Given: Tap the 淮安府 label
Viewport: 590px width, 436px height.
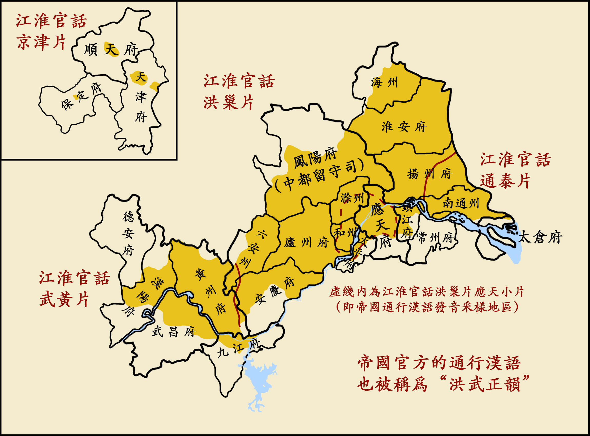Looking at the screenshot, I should tap(404, 127).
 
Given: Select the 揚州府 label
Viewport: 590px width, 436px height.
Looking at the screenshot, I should tap(429, 174).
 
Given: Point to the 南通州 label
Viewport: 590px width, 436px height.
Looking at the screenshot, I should tap(461, 203).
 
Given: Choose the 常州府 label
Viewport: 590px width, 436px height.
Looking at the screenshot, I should tap(435, 238).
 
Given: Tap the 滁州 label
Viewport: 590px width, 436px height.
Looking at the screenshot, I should tap(352, 198).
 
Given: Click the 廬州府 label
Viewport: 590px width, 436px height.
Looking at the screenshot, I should tap(306, 242).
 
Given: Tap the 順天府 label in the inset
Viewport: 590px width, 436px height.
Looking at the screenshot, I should tap(111, 49).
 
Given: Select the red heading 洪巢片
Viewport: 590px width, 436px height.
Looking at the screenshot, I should tap(228, 102).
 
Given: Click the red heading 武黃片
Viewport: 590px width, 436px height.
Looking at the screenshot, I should tap(64, 299).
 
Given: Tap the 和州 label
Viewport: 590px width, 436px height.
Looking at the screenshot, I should tap(345, 233).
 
